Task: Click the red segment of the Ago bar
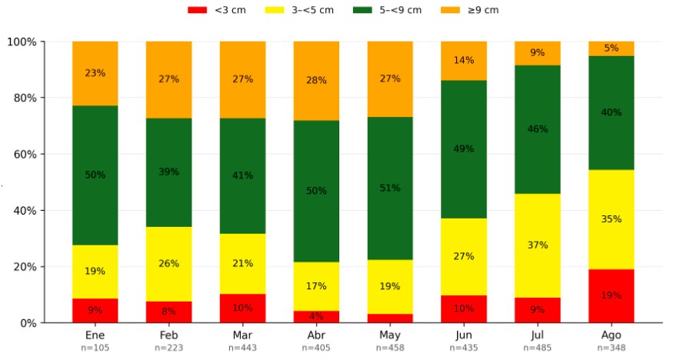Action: tap(611, 296)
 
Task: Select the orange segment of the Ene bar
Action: tap(95, 73)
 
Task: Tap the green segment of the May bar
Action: tap(390, 188)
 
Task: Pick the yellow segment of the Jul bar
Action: tap(538, 245)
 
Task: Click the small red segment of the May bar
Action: tap(390, 318)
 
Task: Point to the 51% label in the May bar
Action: tap(390, 188)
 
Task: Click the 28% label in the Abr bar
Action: tap(316, 80)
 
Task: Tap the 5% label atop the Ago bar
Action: tap(612, 48)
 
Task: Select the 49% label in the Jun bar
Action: tap(464, 149)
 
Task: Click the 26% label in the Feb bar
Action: tap(168, 264)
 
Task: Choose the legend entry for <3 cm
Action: tap(217, 10)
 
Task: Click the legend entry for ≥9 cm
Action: tap(470, 10)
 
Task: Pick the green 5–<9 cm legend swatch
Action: tap(362, 10)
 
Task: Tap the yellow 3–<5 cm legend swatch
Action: tap(275, 10)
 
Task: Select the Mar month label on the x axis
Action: tap(242, 335)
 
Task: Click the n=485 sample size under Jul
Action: tap(538, 348)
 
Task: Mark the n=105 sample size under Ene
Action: tap(95, 348)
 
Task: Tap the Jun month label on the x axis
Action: tap(464, 335)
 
